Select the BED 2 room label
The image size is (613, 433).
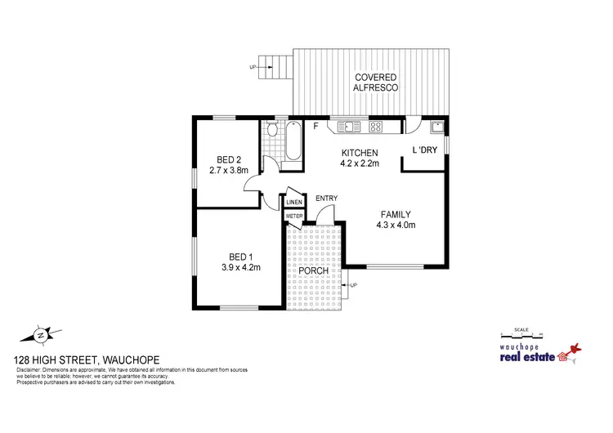[228, 158]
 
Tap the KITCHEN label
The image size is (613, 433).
[359, 153]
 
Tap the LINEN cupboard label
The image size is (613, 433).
[294, 202]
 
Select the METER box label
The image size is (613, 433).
[293, 216]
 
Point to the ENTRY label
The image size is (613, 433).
[326, 199]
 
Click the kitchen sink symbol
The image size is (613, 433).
[348, 127]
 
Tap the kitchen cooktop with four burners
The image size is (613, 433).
[378, 127]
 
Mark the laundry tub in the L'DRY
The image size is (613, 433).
[437, 127]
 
